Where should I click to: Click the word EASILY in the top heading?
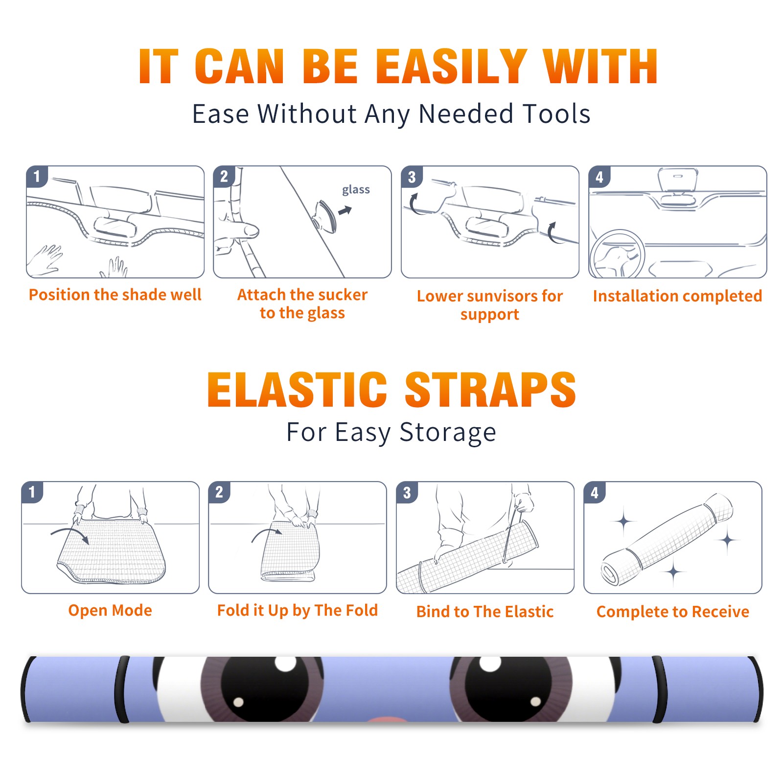[x=452, y=67]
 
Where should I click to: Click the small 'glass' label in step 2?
[x=356, y=190]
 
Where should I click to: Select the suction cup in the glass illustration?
[x=325, y=216]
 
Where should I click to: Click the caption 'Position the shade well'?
[x=115, y=295]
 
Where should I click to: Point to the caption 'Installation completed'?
[x=677, y=296]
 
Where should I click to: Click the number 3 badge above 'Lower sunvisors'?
[x=412, y=177]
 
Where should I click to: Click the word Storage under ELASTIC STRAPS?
[x=448, y=433]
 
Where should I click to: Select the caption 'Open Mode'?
[x=110, y=610]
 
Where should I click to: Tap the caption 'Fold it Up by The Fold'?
[x=298, y=610]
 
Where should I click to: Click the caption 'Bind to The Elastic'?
[x=485, y=612]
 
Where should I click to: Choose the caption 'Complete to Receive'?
[x=673, y=612]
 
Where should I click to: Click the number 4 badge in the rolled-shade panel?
[x=595, y=492]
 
